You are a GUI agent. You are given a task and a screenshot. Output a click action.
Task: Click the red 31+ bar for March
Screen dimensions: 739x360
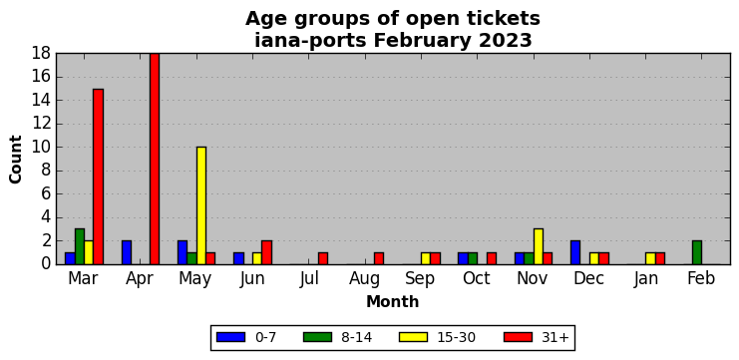[98, 177]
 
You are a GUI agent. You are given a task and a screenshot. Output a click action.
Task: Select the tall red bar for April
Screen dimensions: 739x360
[155, 159]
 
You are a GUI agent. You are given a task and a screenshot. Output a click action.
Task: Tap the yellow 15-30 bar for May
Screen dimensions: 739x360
[201, 205]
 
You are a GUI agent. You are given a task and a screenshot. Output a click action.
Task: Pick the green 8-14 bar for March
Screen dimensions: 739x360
[80, 246]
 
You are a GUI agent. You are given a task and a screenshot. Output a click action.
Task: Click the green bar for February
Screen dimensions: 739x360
[697, 252]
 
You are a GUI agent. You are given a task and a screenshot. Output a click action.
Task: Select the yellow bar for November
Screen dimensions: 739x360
[539, 246]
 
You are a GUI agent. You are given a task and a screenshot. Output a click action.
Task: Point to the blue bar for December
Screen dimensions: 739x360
[575, 252]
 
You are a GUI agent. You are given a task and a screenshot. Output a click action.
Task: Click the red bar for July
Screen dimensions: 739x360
[323, 258]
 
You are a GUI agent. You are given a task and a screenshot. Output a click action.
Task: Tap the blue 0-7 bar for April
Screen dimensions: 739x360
[127, 252]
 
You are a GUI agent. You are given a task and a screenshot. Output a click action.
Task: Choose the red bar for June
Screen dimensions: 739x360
[266, 252]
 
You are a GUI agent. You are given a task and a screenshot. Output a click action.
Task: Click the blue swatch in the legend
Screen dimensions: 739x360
[231, 337]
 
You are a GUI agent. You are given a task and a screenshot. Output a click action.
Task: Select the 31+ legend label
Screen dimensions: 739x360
[554, 337]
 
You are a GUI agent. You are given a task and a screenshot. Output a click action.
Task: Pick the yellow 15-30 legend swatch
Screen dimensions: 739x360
[413, 337]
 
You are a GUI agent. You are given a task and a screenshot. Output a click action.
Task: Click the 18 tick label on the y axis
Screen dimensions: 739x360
[43, 54]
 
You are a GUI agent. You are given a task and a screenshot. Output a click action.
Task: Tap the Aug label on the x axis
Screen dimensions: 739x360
[365, 279]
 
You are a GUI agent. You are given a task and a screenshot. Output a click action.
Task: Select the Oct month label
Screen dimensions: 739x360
[477, 278]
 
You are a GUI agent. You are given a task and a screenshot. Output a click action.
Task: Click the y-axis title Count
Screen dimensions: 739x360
[16, 160]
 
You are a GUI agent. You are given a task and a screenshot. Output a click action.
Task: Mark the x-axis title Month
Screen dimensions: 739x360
[393, 301]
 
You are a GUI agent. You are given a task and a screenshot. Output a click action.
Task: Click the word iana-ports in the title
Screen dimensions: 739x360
[310, 41]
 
